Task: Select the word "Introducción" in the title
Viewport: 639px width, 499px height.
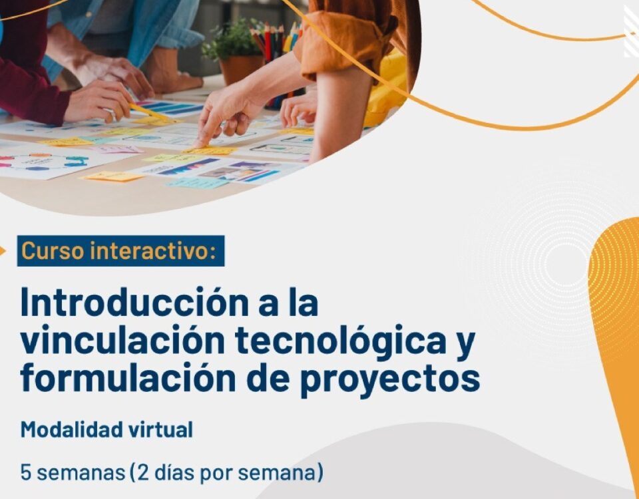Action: (135, 302)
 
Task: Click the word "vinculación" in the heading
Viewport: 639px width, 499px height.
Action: (122, 341)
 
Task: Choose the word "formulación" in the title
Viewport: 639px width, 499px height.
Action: (128, 378)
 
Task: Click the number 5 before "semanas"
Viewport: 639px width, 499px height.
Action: (26, 472)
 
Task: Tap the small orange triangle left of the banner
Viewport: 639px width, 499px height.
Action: (3, 251)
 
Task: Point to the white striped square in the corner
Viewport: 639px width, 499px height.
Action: (631, 31)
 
